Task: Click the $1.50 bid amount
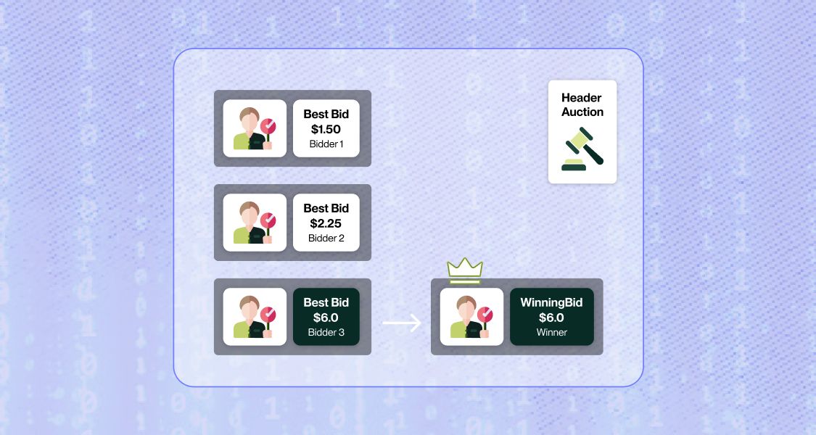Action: tap(326, 129)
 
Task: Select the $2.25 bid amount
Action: tap(326, 223)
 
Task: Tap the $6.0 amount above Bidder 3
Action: tap(326, 318)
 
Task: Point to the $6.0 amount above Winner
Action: tap(551, 318)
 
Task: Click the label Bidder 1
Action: tap(326, 144)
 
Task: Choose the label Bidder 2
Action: tap(326, 238)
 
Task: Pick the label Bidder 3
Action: tap(326, 333)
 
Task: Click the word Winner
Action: tap(551, 333)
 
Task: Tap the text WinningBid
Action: tap(551, 302)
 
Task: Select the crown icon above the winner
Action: tap(465, 270)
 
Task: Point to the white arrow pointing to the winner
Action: tap(402, 323)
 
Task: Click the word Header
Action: tap(582, 98)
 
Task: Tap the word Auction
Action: tap(582, 112)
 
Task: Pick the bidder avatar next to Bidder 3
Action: tap(254, 317)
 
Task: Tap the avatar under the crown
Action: tap(471, 317)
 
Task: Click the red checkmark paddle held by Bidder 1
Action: tap(268, 126)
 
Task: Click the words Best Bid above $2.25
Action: tap(326, 208)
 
